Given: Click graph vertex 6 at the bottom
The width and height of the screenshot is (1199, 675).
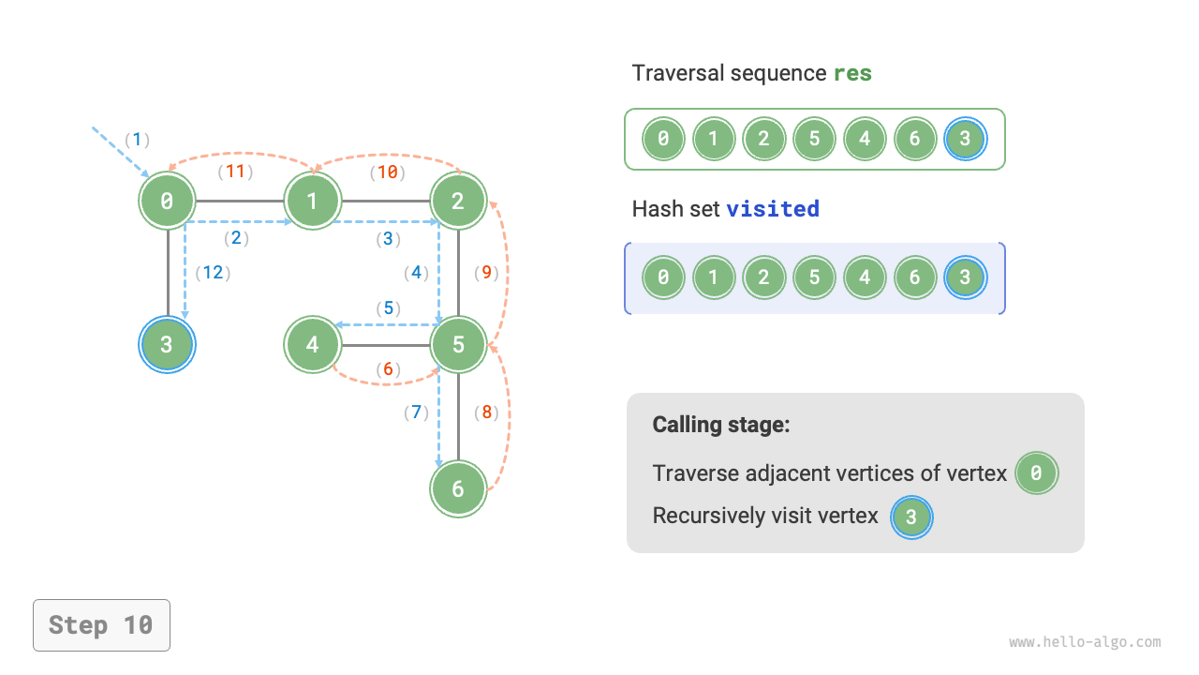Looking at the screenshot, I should (x=458, y=488).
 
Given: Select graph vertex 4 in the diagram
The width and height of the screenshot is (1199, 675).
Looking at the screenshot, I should (x=312, y=344).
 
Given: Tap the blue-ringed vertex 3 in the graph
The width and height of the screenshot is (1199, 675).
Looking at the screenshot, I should (x=167, y=344).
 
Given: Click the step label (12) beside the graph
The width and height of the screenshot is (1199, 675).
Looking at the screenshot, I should (x=213, y=273).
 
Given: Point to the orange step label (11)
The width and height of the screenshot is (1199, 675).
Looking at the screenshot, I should (x=236, y=172).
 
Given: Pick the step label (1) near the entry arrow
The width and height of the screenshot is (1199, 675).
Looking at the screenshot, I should (x=137, y=140).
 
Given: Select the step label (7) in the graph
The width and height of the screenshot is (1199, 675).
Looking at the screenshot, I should (x=416, y=412).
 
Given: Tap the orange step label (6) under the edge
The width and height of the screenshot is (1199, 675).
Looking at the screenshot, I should (x=388, y=369).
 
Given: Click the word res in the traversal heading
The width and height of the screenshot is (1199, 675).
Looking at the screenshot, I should (x=852, y=73).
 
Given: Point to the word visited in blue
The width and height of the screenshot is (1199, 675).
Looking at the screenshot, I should (x=773, y=208).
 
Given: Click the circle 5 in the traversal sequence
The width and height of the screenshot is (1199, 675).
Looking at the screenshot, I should (x=814, y=140).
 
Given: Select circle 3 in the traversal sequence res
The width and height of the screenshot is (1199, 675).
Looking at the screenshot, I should (x=966, y=140).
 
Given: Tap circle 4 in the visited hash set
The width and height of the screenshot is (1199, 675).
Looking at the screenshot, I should (x=865, y=277).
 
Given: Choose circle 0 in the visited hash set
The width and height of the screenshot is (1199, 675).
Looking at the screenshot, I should (x=663, y=277).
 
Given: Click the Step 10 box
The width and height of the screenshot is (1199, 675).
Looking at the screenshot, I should (x=101, y=624).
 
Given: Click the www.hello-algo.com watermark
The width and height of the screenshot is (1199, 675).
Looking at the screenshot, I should (x=1085, y=642).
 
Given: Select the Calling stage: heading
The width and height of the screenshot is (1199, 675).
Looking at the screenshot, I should (x=721, y=425).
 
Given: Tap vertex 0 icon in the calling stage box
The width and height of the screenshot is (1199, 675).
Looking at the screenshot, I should (x=1035, y=473).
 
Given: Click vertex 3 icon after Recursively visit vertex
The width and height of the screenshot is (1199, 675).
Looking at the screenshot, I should (x=911, y=517).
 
